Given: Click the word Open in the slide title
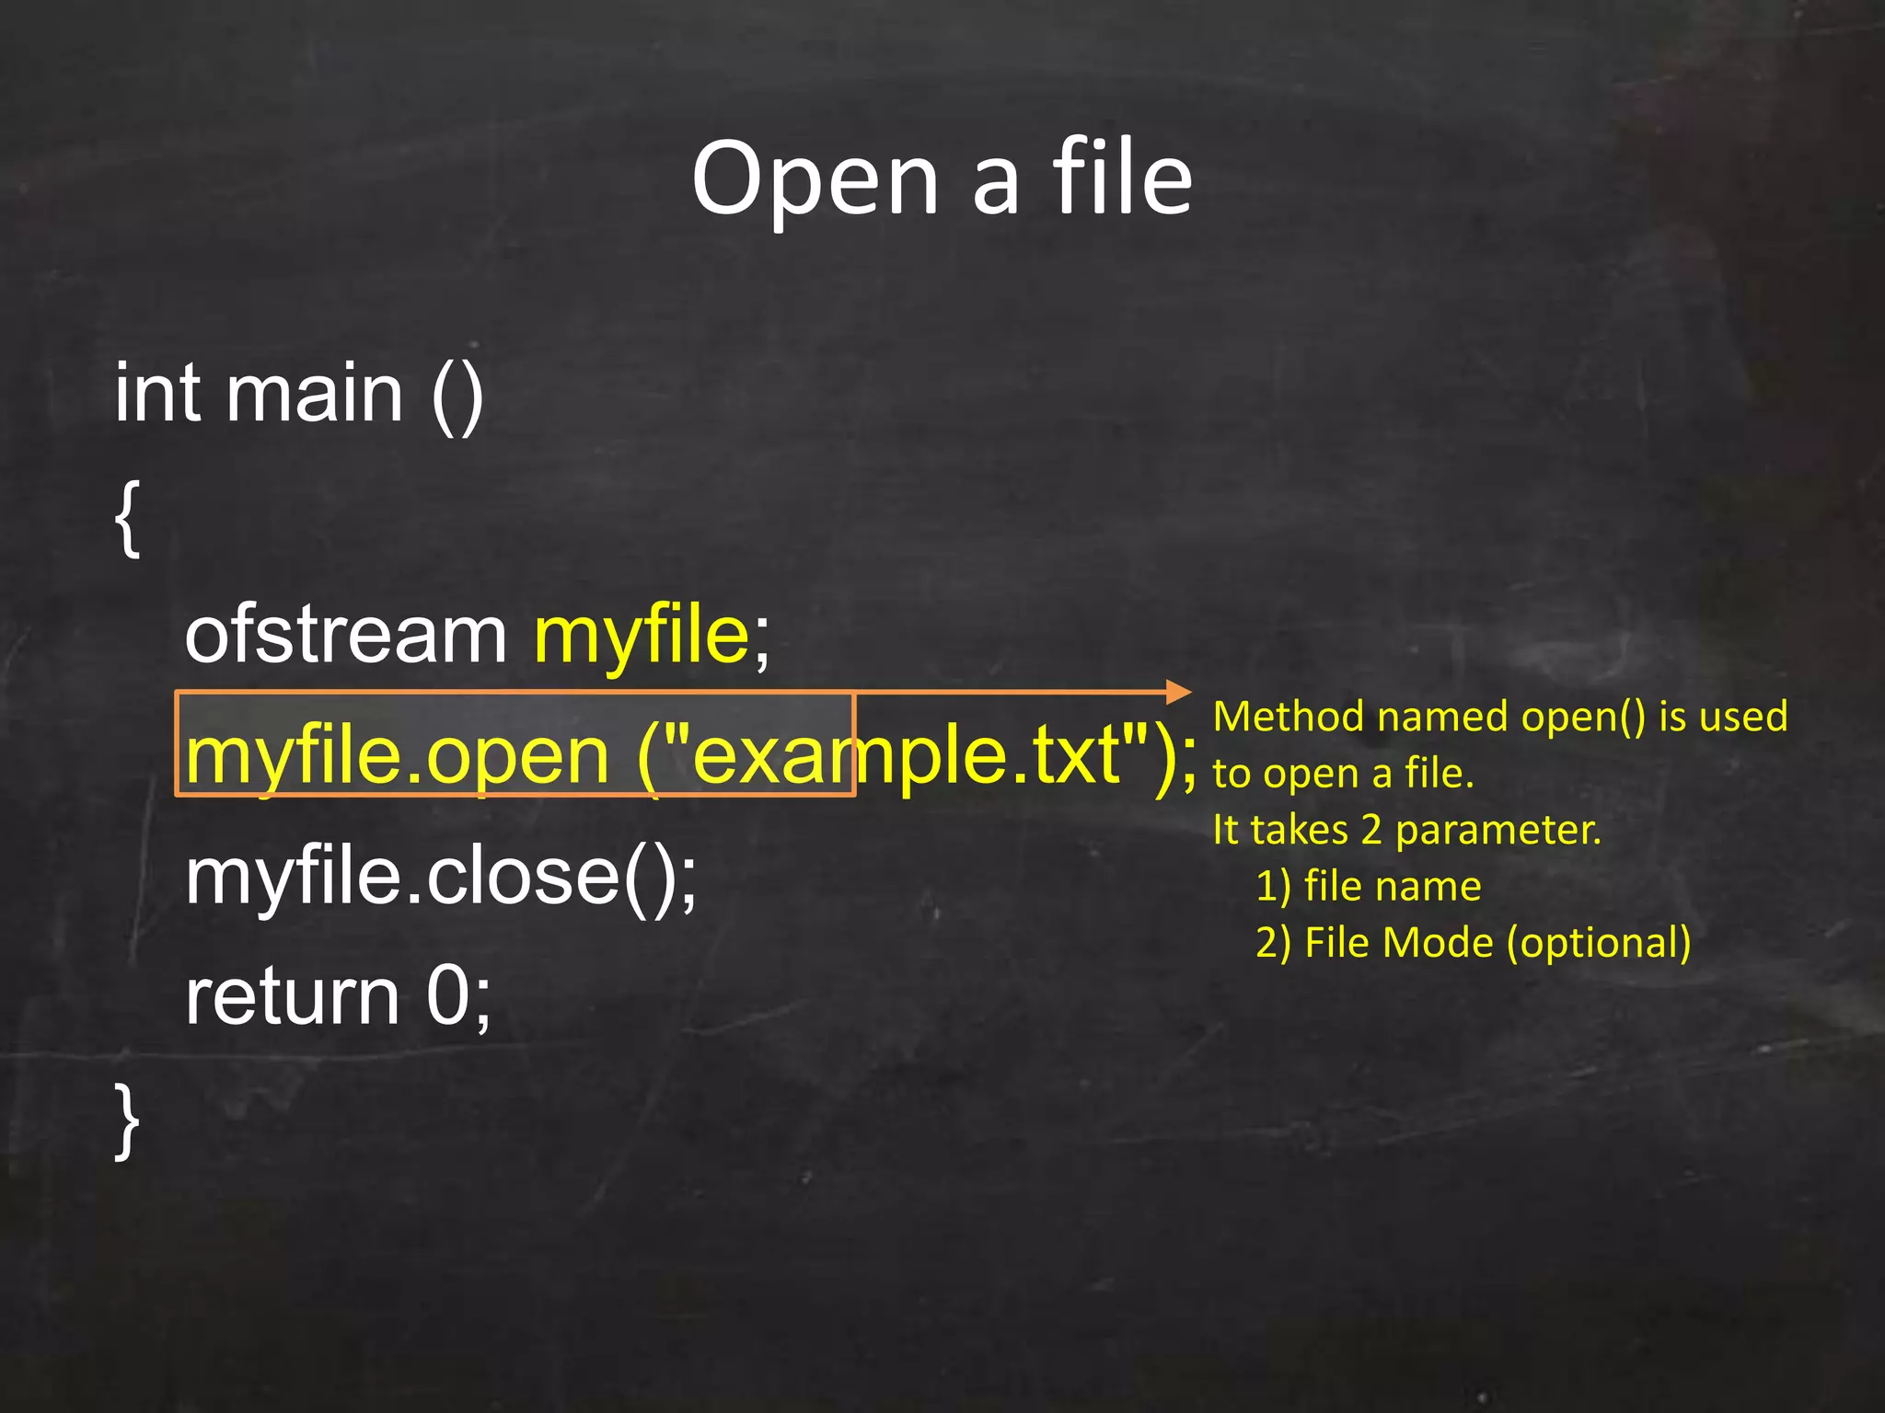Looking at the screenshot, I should click(x=815, y=180).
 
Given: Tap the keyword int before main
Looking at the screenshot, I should click(x=157, y=394).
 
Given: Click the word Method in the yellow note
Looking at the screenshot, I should click(x=1288, y=717).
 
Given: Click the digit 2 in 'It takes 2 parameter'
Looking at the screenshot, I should click(x=1371, y=830).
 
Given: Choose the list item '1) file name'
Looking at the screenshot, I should click(x=1369, y=887).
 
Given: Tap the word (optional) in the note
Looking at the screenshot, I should click(x=1599, y=943).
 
